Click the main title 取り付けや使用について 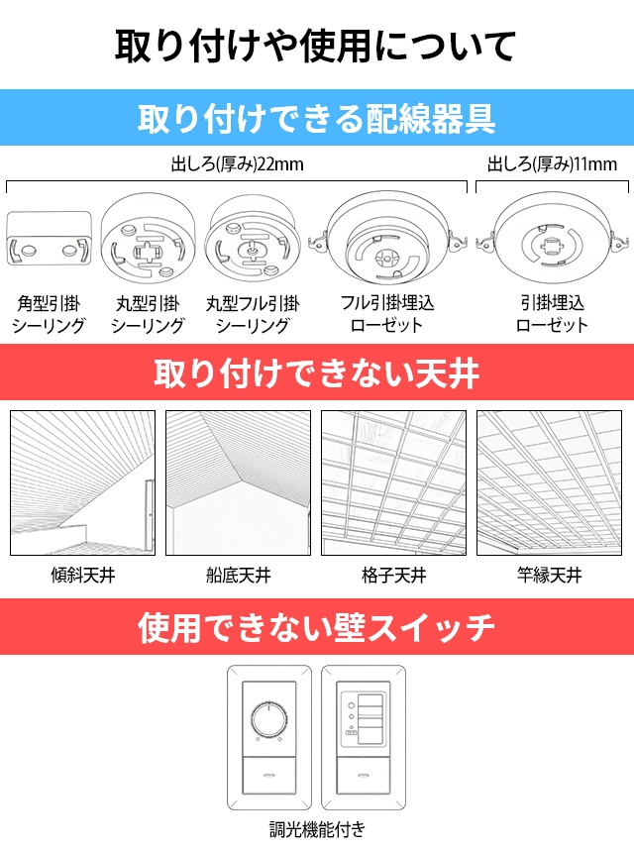pos(315,47)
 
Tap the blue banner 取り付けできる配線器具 pos(317,118)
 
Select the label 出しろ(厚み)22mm pos(238,164)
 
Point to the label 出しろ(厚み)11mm pos(552,164)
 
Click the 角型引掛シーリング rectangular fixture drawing pos(49,239)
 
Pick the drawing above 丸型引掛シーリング pos(148,240)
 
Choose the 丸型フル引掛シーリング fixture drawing pos(253,240)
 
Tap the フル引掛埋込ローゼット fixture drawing pos(387,239)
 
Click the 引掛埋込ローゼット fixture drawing pos(552,239)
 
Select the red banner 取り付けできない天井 pos(317,372)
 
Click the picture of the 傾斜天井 pos(83,483)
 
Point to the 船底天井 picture pos(239,483)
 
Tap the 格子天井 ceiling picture pos(394,483)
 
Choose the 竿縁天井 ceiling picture pos(550,483)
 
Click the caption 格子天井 pos(394,576)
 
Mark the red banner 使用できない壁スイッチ pos(317,627)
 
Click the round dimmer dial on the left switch pos(268,719)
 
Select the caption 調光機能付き pos(317,829)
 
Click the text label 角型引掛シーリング pos(49,314)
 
